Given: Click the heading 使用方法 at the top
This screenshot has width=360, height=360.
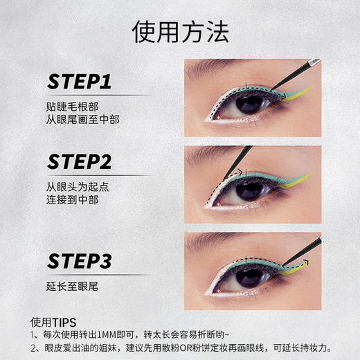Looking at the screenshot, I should (x=179, y=31).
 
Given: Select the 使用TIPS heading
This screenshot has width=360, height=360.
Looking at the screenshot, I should (x=53, y=321).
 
